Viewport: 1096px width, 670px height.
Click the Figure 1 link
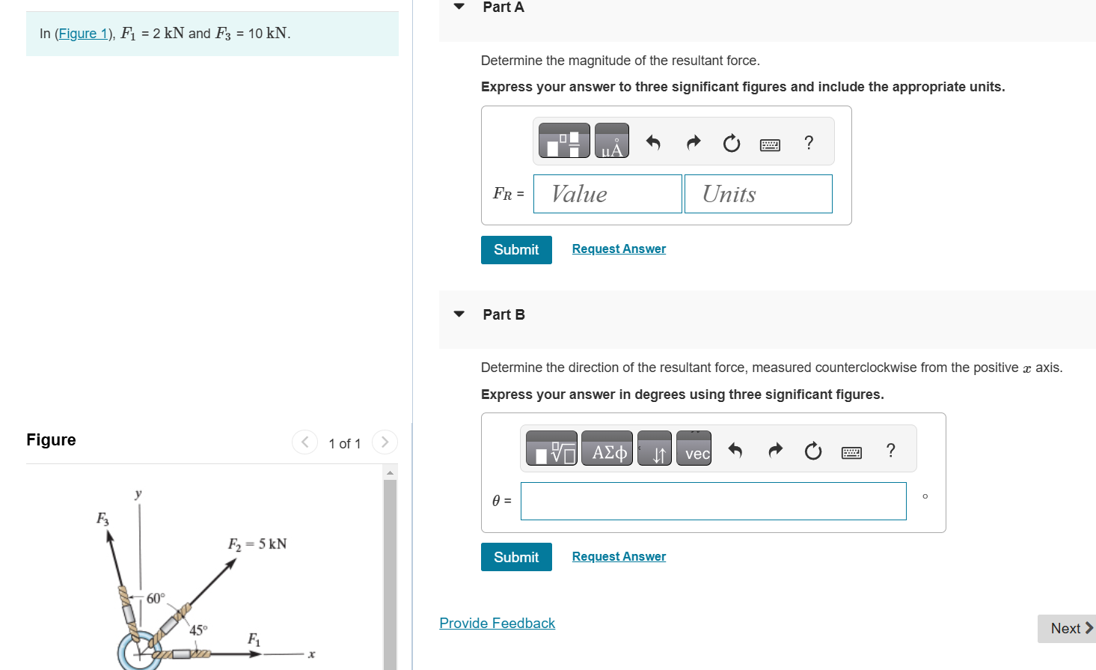(x=83, y=34)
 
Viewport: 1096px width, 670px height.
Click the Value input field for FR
(x=607, y=194)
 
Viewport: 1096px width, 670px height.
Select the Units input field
(x=758, y=194)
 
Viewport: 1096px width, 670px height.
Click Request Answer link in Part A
(x=619, y=249)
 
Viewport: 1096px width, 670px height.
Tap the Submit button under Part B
(x=516, y=557)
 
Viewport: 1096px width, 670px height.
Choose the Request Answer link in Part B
(x=619, y=557)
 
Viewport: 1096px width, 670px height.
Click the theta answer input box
(x=713, y=501)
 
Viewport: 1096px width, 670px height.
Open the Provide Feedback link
(x=498, y=624)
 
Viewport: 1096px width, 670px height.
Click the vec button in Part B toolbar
(x=694, y=449)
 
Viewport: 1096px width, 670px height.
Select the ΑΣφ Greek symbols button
(x=607, y=449)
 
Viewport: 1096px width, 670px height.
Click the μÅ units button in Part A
(x=612, y=141)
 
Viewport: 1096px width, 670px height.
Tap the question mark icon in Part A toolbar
(x=809, y=142)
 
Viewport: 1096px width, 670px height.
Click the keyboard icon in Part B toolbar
(x=851, y=451)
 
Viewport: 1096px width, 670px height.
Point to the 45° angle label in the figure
(x=198, y=630)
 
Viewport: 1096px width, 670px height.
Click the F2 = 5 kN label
(x=257, y=544)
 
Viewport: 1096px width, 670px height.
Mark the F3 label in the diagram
(x=102, y=518)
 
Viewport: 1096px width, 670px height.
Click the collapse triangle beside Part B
(x=459, y=314)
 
